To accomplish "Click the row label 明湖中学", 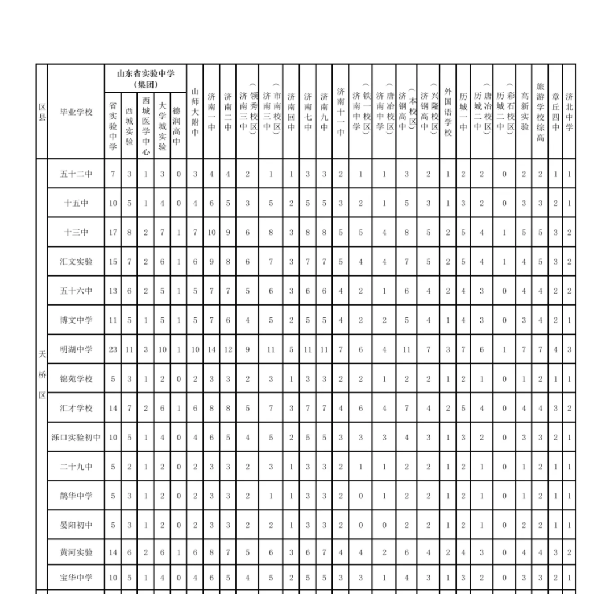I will pyautogui.click(x=76, y=349).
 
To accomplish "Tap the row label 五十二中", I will pyautogui.click(x=76, y=174).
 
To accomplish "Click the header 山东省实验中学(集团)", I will pyautogui.click(x=145, y=79).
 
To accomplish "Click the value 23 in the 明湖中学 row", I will pyautogui.click(x=113, y=349).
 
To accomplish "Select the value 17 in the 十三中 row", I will pyautogui.click(x=113, y=232).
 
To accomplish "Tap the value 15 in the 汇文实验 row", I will pyautogui.click(x=113, y=261).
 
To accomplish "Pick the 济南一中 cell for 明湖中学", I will pyautogui.click(x=211, y=349).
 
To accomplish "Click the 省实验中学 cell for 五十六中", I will pyautogui.click(x=113, y=291).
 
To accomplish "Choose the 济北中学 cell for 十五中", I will pyautogui.click(x=569, y=203).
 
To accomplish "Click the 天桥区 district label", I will pyautogui.click(x=42, y=378).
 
